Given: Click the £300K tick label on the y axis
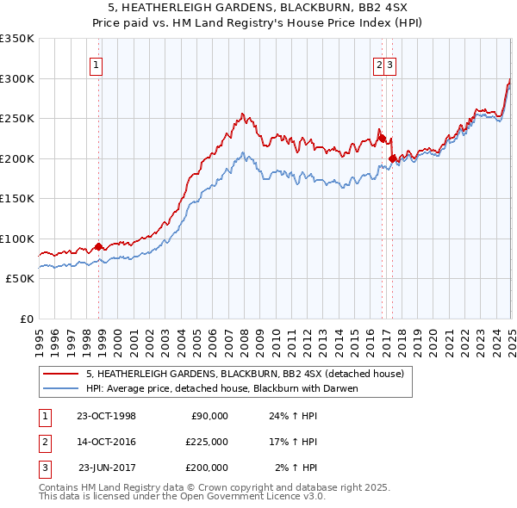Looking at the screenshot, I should click(17, 78).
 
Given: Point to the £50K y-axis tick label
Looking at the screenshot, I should click(20, 279).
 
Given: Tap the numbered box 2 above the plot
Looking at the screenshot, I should click(379, 64).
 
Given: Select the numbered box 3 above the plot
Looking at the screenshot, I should click(390, 64).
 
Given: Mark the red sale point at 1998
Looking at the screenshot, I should click(98, 246).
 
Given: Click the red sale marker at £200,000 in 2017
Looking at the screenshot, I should click(393, 158).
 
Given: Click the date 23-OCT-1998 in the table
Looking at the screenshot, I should click(106, 416).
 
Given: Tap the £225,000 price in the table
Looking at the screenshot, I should click(207, 442).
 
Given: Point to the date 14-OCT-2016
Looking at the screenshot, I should click(106, 442).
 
